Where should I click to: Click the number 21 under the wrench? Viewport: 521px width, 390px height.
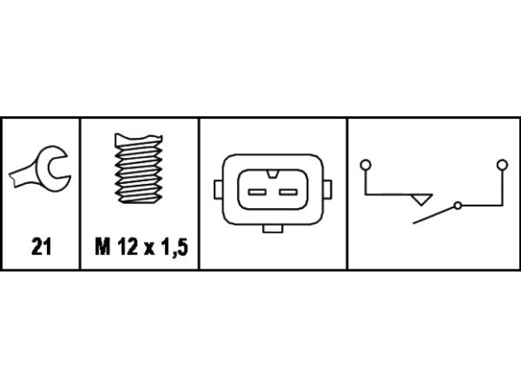[41, 247]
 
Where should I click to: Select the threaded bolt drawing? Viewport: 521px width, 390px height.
[138, 168]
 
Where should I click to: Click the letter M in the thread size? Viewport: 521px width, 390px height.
[102, 247]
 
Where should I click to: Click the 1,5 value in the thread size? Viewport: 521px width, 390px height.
[175, 247]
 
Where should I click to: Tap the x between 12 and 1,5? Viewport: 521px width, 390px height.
[150, 249]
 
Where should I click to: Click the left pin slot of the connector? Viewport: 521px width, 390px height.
[257, 192]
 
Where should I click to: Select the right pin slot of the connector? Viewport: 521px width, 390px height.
[288, 192]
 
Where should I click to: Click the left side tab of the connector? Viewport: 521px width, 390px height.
[218, 189]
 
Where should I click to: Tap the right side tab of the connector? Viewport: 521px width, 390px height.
[327, 189]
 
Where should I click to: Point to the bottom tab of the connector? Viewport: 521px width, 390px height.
[273, 229]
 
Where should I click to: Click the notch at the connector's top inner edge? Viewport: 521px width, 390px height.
[273, 174]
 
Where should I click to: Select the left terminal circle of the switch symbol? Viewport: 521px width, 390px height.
[365, 165]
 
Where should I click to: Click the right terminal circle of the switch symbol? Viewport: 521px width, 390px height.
[502, 165]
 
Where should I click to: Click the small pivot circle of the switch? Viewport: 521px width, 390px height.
[457, 206]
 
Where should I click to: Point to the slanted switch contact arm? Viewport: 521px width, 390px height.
[433, 215]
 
